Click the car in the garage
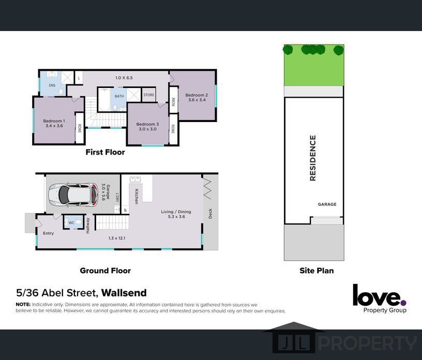pos(73,194)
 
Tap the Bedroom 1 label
pos(54,121)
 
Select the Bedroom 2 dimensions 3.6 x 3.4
pos(197,100)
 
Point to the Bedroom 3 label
pos(147,124)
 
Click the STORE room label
pos(149,95)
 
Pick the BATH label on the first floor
pos(119,96)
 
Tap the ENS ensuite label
pos(52,85)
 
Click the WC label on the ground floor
pos(71,223)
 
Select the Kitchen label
pos(137,196)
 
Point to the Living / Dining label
pos(176,212)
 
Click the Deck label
pos(210,214)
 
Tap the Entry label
pos(49,233)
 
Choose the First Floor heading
pos(105,152)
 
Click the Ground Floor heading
pos(105,271)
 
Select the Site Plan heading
pos(317,271)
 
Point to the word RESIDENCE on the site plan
pos(312,158)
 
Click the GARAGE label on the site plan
pos(327,204)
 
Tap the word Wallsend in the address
pos(124,293)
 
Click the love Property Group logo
pos(380,298)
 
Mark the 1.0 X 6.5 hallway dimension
pos(124,78)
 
